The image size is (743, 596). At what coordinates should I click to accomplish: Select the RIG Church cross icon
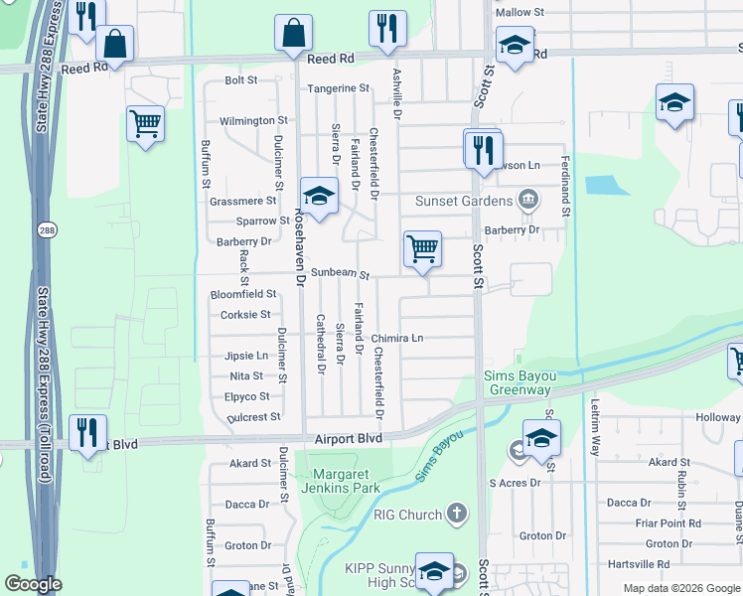coord(456,514)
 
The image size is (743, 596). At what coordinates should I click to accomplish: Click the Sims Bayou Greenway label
coord(517,382)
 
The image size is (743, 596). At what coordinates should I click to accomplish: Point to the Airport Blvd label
coord(349,437)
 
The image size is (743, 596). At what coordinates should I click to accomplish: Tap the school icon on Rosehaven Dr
coord(319,196)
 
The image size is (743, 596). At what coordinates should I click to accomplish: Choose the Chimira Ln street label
coord(397,339)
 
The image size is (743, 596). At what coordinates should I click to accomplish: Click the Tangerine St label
coord(338,88)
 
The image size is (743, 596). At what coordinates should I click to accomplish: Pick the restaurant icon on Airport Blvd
coord(87,432)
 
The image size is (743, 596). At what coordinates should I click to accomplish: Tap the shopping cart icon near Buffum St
coord(146,124)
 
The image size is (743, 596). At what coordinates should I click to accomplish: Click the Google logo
coord(33,584)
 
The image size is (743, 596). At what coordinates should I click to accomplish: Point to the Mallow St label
coord(520,12)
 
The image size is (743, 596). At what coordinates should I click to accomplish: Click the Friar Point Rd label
coord(668,523)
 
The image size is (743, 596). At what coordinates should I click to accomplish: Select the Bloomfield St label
coord(243,294)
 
